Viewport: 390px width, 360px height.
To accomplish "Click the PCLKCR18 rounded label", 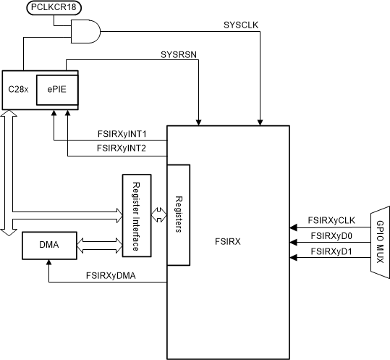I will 54,8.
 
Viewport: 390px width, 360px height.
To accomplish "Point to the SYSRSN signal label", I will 177,54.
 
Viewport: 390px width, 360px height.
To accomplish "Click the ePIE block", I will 55,89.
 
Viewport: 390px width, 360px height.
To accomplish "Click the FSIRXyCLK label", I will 331,220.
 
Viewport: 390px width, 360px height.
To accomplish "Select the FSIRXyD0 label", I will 331,236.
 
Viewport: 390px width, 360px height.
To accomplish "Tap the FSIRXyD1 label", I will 331,251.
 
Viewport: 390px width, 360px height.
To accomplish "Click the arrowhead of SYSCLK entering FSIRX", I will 259,121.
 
